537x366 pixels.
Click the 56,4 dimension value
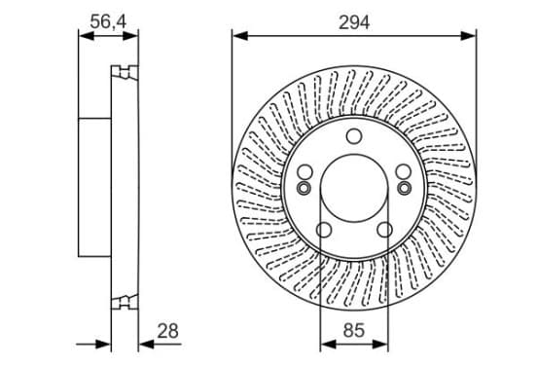point(108,21)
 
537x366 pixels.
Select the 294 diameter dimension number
point(354,22)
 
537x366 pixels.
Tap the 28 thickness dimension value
point(167,331)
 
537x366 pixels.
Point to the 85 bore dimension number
point(354,330)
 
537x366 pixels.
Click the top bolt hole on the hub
point(354,136)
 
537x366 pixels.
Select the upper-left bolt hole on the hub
point(304,171)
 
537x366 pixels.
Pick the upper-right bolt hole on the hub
point(404,171)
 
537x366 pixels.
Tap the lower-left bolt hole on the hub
point(324,230)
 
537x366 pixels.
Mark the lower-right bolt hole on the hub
point(384,230)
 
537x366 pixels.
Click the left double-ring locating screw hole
point(304,188)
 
